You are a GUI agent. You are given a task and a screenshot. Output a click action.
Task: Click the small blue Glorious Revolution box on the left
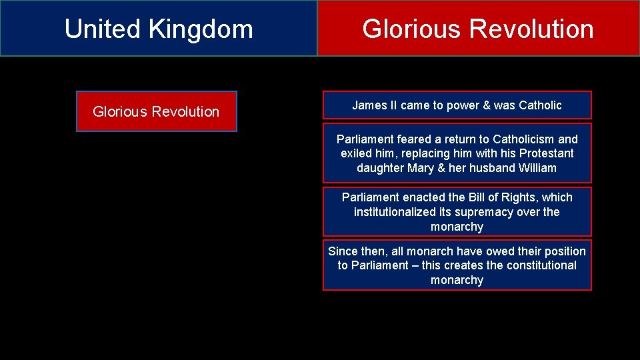[156, 111]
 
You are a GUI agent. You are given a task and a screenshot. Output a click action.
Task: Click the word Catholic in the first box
[539, 105]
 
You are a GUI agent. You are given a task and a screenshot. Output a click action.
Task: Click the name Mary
[421, 168]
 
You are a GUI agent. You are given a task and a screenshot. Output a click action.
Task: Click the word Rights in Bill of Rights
[519, 197]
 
